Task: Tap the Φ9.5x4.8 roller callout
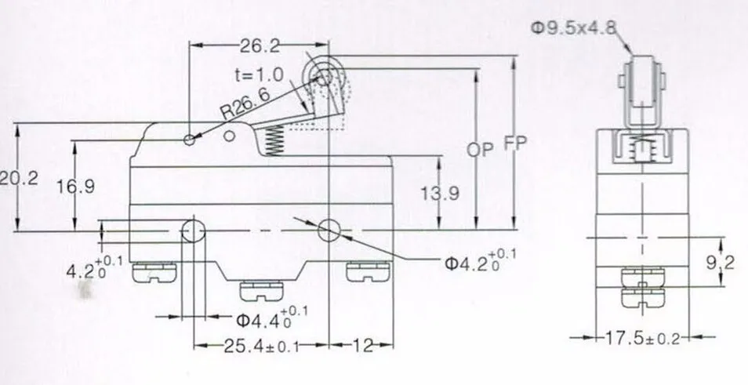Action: (573, 27)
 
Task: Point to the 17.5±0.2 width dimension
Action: (641, 339)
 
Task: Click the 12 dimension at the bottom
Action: (363, 344)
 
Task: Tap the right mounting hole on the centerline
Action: (329, 231)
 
